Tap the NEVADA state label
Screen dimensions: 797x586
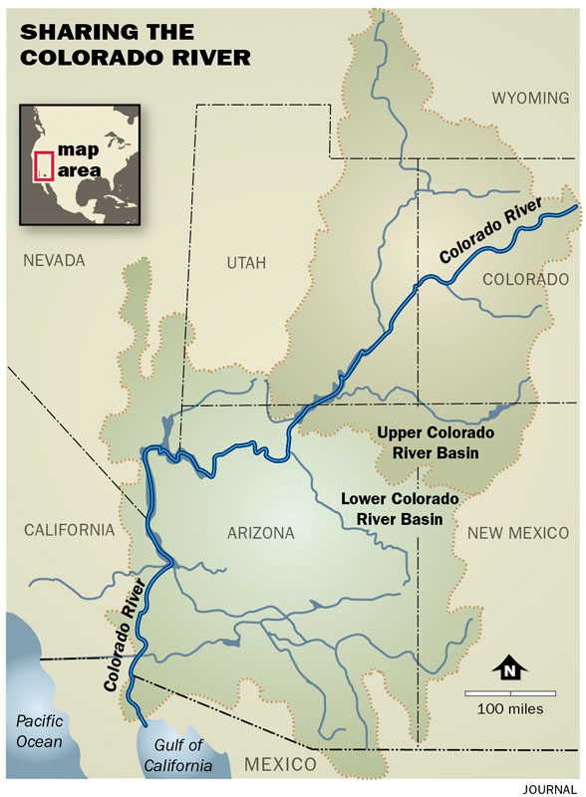[x=54, y=261]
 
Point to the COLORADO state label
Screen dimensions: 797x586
[x=525, y=280]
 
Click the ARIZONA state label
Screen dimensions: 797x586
[x=260, y=533]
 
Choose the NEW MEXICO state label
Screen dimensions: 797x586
[x=518, y=533]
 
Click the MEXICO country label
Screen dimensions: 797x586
[x=280, y=764]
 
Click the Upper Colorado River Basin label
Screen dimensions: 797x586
[x=434, y=443]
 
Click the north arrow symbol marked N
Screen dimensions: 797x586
[x=508, y=670]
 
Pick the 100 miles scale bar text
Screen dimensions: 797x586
[x=509, y=709]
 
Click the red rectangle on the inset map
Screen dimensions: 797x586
[x=43, y=164]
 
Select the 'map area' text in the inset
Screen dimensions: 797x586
[x=79, y=159]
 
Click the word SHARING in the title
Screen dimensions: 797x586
[x=70, y=33]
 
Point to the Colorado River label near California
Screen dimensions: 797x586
[x=126, y=636]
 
